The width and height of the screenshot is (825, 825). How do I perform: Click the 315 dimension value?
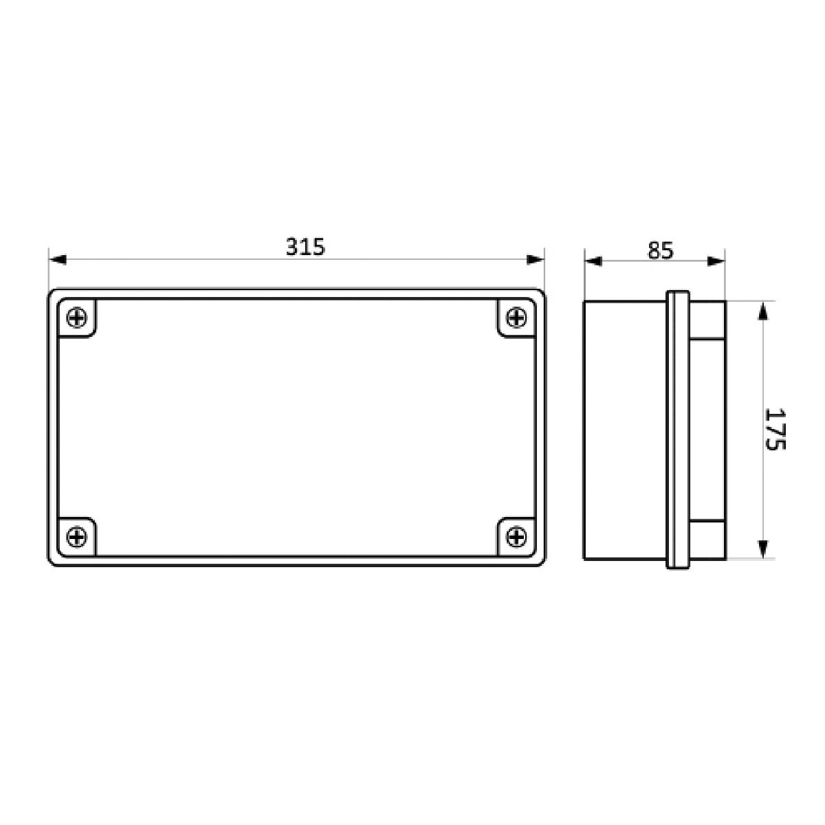click(x=305, y=247)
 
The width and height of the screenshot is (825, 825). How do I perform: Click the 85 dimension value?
click(x=659, y=250)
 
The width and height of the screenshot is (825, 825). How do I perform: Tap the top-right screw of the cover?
click(x=516, y=318)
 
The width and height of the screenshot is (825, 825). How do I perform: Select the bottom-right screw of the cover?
click(x=516, y=536)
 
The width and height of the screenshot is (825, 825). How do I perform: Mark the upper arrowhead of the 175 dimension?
click(x=762, y=311)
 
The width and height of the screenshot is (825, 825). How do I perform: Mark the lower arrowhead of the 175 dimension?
click(x=762, y=548)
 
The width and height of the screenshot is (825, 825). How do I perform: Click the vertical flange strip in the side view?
click(x=677, y=430)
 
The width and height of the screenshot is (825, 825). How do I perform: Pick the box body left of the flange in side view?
click(x=624, y=430)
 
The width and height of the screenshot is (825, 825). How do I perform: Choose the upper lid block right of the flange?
click(x=707, y=319)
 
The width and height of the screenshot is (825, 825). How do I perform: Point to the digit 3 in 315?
click(x=292, y=247)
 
